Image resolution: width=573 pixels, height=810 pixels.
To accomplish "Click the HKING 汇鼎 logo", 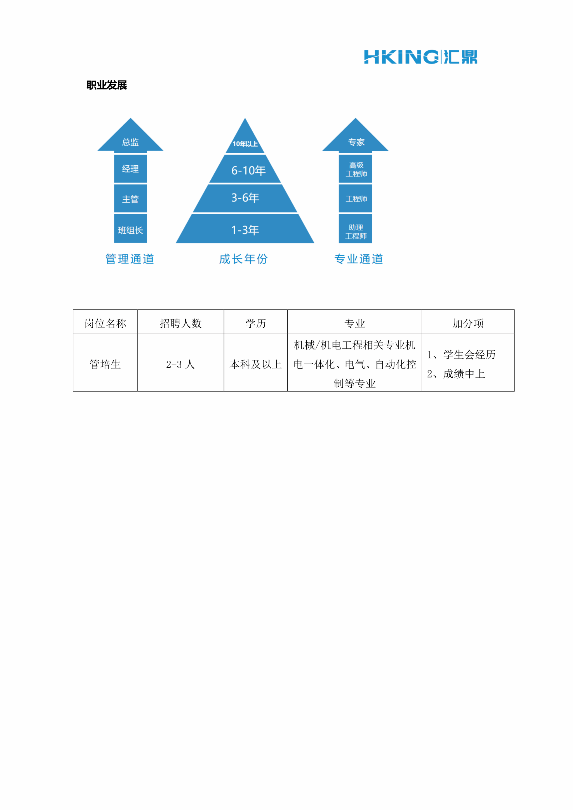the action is click(421, 57).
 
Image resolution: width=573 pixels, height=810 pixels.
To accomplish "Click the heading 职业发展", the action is click(107, 85).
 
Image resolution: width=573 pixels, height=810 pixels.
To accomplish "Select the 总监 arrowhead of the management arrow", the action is click(131, 135).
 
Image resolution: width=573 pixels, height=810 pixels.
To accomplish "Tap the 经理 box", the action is click(131, 169).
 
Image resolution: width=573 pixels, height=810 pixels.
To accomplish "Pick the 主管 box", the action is click(131, 199).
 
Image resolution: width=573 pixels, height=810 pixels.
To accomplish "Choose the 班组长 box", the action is click(131, 229).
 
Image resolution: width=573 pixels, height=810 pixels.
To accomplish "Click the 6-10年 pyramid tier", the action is click(245, 169).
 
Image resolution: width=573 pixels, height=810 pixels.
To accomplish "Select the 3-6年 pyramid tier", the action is click(245, 199).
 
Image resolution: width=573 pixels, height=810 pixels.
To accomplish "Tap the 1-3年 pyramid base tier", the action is click(245, 229).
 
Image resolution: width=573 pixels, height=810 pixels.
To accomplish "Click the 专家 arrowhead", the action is click(355, 135).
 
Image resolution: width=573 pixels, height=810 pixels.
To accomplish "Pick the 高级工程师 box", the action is click(355, 169).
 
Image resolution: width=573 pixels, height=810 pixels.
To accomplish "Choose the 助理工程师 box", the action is click(355, 229).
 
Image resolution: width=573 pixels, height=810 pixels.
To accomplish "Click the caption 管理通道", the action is click(130, 259).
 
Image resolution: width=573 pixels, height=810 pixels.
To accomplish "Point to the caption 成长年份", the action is click(243, 259).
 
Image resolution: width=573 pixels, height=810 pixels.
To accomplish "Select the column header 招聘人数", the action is click(181, 323).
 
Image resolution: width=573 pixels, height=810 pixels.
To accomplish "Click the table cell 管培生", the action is click(105, 364).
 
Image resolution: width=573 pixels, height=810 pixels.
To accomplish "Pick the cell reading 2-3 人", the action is click(181, 364).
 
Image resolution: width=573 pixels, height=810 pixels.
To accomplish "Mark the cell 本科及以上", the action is click(256, 364).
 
